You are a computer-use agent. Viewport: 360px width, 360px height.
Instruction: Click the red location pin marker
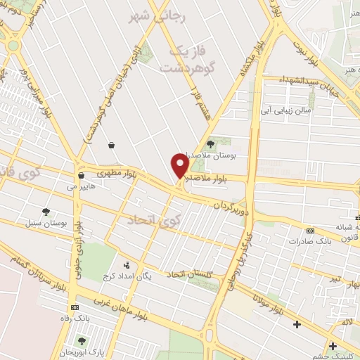pyautogui.click(x=180, y=166)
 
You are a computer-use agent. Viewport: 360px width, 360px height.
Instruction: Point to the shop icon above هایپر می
pyautogui.click(x=82, y=176)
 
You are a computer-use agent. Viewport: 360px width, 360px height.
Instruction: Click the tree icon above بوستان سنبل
pyautogui.click(x=46, y=211)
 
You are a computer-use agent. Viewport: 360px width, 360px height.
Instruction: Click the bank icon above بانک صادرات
pyautogui.click(x=309, y=231)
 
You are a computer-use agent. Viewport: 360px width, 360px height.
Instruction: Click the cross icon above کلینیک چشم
pyautogui.click(x=332, y=345)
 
